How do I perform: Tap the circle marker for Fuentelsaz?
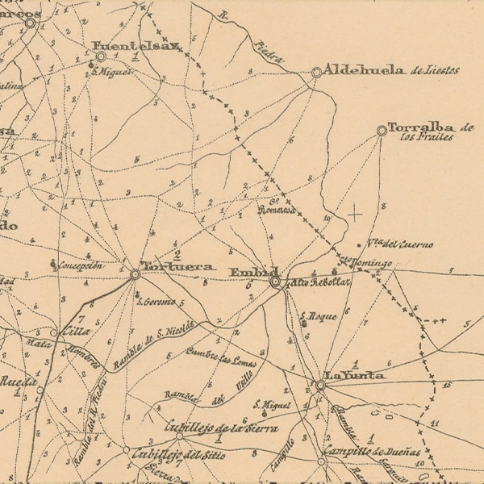102,57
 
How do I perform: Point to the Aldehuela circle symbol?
316,73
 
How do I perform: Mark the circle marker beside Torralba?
382,129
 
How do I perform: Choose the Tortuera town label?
177,266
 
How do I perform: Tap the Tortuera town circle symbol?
135,274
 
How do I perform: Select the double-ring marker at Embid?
275,282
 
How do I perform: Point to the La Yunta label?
354,376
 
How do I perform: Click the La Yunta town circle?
320,386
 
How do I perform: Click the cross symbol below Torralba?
353,214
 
